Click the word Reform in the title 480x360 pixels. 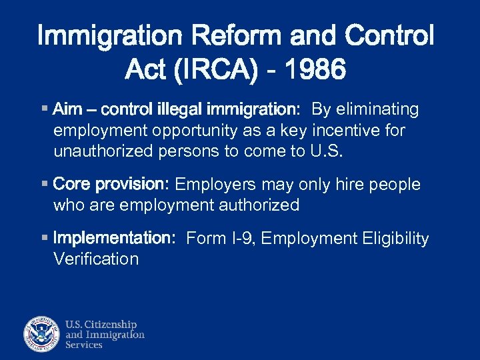click(x=219, y=35)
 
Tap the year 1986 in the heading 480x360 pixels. click(x=315, y=68)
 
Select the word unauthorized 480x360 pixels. click(x=103, y=151)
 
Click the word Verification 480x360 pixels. click(x=96, y=259)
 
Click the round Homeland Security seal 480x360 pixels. click(x=42, y=333)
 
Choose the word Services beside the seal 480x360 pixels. click(x=84, y=345)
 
